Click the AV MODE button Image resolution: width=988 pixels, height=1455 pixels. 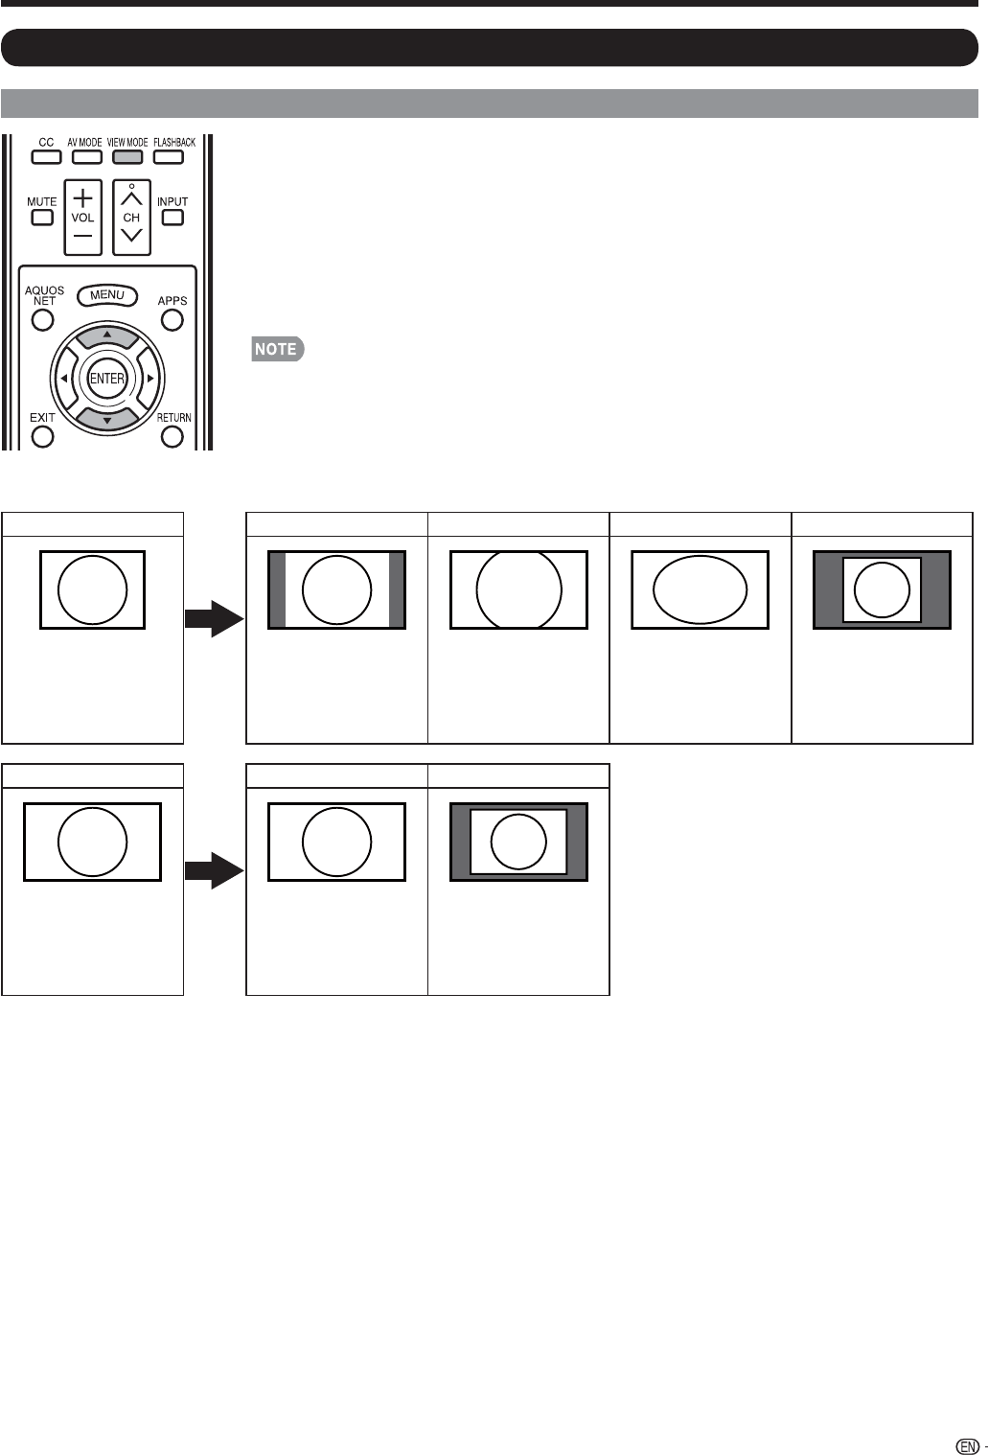(85, 157)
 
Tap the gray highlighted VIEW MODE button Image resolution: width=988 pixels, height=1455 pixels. (127, 157)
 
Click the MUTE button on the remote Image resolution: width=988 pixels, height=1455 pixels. (41, 217)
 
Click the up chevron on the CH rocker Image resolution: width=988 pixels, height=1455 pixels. (131, 198)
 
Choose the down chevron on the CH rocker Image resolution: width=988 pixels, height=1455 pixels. (131, 236)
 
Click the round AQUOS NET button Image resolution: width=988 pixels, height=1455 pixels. (42, 319)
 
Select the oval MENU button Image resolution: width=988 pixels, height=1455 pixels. (107, 295)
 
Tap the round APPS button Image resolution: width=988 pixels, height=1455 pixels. (172, 319)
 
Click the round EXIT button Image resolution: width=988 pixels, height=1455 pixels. (42, 437)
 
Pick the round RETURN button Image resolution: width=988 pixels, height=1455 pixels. (172, 437)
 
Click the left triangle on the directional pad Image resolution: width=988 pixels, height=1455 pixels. (63, 379)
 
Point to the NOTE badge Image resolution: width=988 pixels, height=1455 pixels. (277, 349)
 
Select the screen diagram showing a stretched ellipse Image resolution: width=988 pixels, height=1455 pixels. (700, 589)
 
